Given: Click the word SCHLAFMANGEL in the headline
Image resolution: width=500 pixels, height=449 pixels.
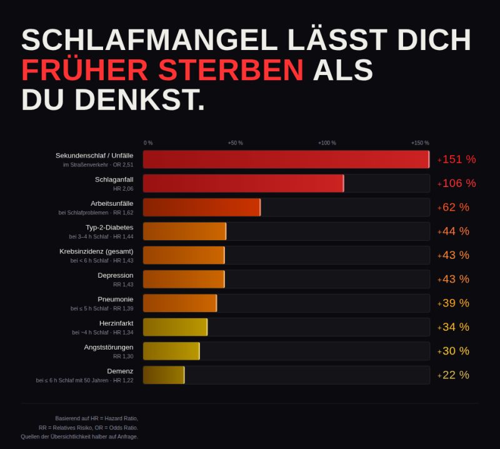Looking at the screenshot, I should point(149,41).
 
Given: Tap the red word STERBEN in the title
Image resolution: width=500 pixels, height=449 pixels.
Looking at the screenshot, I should point(231,70).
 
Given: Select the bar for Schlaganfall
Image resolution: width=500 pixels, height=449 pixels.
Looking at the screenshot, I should point(243,183).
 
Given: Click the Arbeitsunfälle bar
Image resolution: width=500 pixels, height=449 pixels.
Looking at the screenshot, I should point(201,207).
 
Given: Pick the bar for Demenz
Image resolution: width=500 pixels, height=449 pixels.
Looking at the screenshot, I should point(164,375).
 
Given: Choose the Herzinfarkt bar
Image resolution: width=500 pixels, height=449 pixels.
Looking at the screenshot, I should point(175,327).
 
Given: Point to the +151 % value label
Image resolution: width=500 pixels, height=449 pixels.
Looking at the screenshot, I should point(457,159).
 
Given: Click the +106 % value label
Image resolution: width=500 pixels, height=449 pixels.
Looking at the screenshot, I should point(457,183).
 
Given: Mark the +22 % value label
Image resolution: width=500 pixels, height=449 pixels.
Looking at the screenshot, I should point(454,375).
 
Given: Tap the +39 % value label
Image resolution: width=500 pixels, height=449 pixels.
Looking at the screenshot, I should point(454,303).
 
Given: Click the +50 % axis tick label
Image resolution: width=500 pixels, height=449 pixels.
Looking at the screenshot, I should point(235,143).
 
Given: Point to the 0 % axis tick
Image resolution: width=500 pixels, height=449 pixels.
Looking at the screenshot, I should point(148,143).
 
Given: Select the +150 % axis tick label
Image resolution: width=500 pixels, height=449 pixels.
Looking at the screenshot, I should point(420,143).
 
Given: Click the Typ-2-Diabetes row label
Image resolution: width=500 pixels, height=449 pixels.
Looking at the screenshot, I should point(109,227).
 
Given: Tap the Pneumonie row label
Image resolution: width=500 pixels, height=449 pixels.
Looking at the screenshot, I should point(115,299).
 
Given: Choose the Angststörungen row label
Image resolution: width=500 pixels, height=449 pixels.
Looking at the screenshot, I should point(109,347).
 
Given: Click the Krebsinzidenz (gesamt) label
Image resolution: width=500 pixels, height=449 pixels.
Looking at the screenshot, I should point(96,251).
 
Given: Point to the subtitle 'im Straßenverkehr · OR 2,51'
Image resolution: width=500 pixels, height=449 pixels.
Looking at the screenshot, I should point(98,164).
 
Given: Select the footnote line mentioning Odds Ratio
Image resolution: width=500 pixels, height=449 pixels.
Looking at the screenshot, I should point(88,427).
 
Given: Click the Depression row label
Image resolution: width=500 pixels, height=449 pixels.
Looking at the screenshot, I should point(115,275).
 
